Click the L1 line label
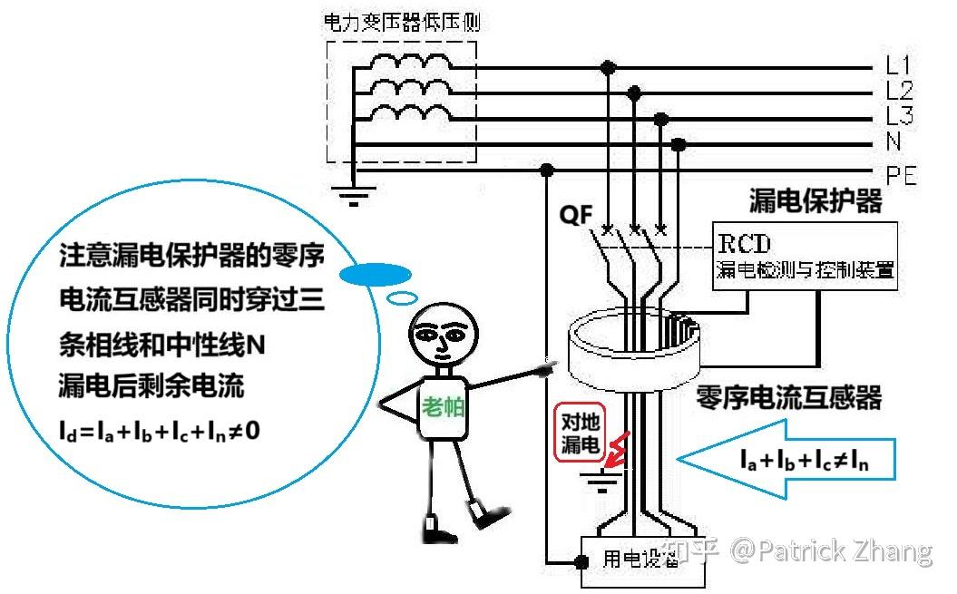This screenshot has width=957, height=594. coord(899,65)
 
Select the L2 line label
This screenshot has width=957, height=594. coord(899,91)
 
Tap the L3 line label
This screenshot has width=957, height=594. coord(899,116)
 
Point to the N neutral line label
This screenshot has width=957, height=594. coord(894,142)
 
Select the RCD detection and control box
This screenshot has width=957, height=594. coord(805,257)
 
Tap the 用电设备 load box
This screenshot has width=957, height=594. coord(640,559)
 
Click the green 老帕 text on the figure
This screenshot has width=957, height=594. coord(443,407)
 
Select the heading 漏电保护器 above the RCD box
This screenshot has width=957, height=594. coord(815,200)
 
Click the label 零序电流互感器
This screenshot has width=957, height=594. coord(788,396)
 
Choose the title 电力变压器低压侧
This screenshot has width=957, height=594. coord(402,23)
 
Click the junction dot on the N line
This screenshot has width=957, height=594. coord(677,144)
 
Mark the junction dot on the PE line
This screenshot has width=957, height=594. coord(547,170)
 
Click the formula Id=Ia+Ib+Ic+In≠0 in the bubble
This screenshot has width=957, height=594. coord(159,429)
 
